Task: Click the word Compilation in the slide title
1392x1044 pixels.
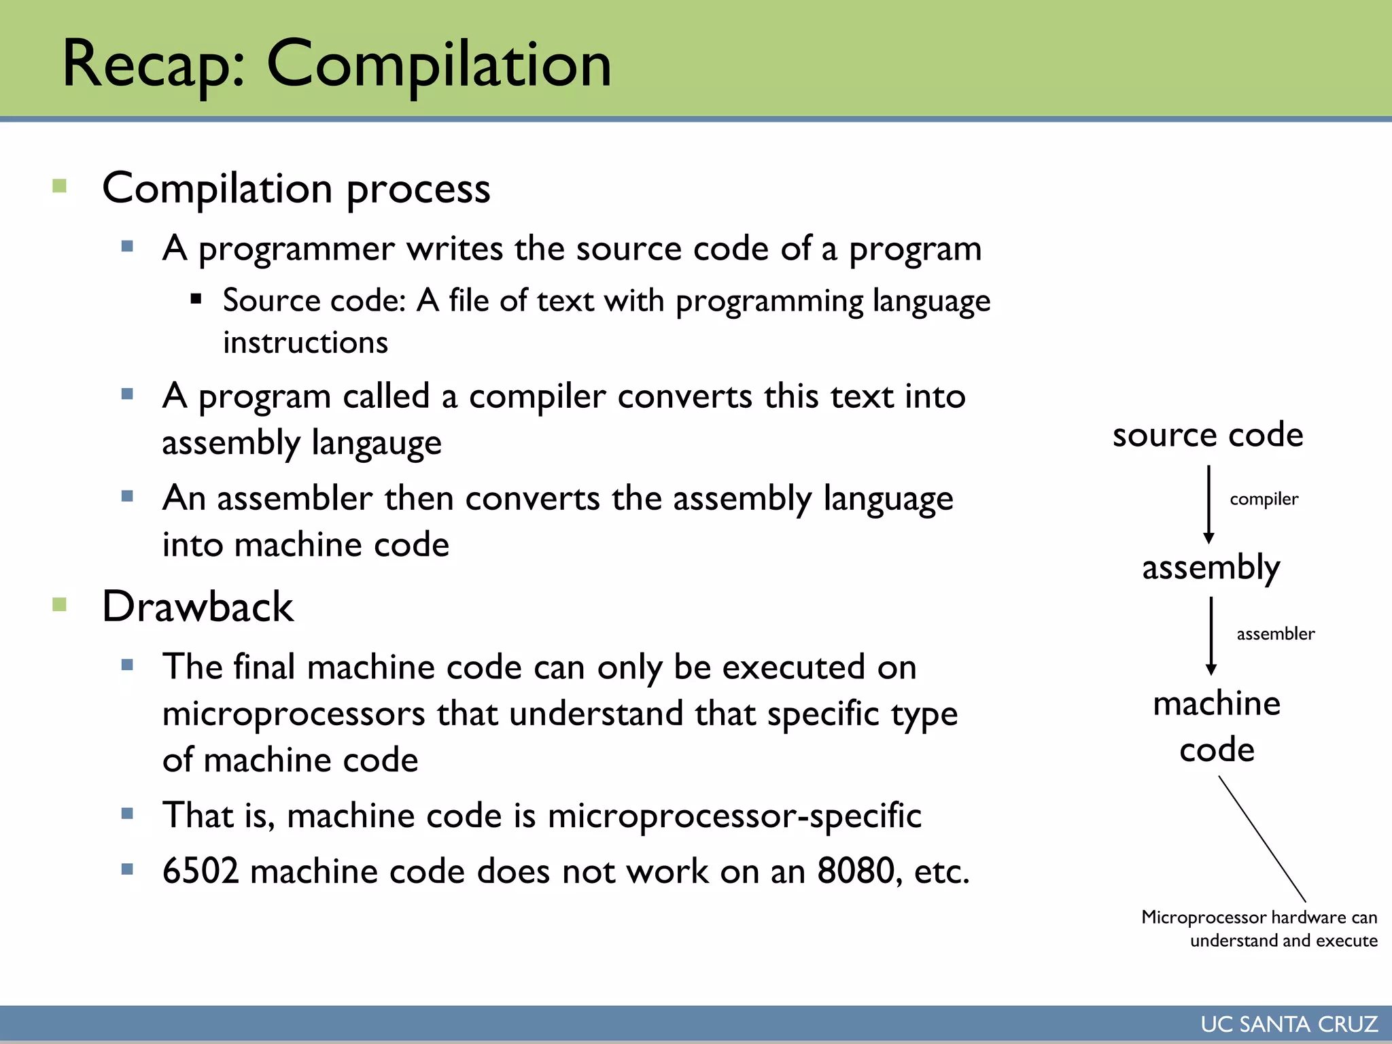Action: (439, 65)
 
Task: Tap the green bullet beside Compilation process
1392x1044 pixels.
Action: (60, 186)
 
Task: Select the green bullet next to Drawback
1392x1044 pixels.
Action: (60, 604)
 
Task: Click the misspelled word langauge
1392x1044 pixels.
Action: (377, 443)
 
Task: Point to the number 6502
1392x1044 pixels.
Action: (201, 871)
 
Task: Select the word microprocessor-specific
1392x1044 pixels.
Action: (734, 816)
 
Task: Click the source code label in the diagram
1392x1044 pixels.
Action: (1208, 435)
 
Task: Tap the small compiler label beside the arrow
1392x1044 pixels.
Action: (1264, 500)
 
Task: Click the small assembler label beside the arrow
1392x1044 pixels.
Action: (1275, 634)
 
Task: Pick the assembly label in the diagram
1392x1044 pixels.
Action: (1211, 568)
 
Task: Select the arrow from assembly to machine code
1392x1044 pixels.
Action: (1211, 636)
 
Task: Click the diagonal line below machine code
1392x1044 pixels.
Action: (1262, 839)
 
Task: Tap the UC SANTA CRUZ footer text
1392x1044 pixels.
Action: (1289, 1024)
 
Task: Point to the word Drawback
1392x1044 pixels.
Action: (197, 606)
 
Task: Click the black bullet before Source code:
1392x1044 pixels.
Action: (196, 298)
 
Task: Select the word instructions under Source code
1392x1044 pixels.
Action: (305, 343)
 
